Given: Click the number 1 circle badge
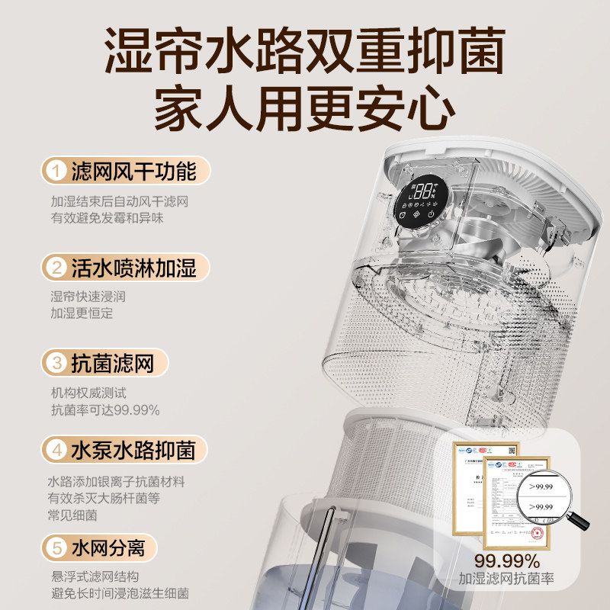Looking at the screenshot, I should pyautogui.click(x=55, y=171).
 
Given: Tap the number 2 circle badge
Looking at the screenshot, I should pyautogui.click(x=55, y=267).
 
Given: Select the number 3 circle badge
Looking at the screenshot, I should pyautogui.click(x=55, y=363).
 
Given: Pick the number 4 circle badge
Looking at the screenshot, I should pyautogui.click(x=55, y=450).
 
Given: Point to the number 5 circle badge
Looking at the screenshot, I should pyautogui.click(x=55, y=548).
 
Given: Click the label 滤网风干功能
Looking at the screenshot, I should pyautogui.click(x=133, y=171).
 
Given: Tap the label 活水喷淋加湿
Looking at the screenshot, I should pyautogui.click(x=133, y=267).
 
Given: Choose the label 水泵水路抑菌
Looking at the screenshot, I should pyautogui.click(x=133, y=450).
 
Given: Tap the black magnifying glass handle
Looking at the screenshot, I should pyautogui.click(x=579, y=521).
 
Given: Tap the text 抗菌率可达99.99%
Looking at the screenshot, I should pyautogui.click(x=105, y=410).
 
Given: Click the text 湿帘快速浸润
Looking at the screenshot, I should pyautogui.click(x=88, y=297).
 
